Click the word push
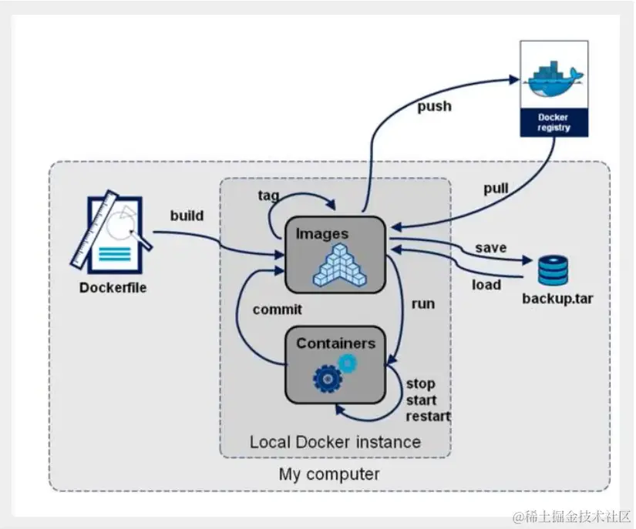434,106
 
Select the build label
187,216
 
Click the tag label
268,196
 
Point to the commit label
278,310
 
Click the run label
423,304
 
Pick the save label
490,248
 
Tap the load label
486,285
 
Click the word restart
428,417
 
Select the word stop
421,383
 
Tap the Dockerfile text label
113,289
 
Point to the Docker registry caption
554,122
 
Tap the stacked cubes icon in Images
335,263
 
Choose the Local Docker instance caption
335,442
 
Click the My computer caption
329,474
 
